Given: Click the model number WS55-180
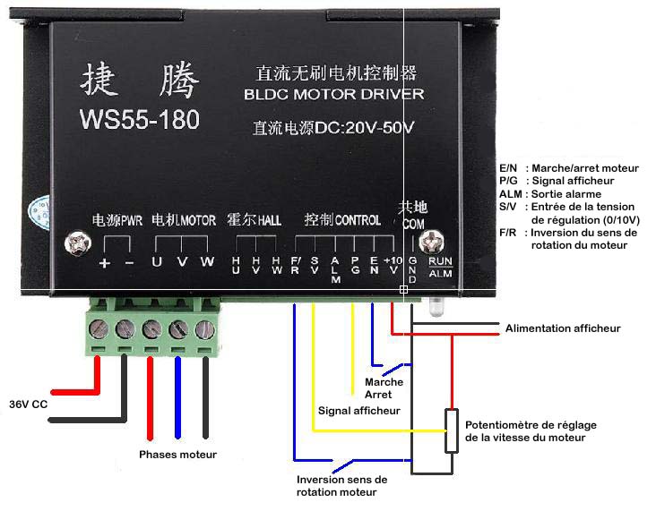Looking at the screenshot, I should [139, 118].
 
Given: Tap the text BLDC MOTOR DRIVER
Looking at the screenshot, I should [333, 94].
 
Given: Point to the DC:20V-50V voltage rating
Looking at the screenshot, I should [334, 127].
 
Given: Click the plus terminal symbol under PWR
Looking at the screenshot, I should [105, 262].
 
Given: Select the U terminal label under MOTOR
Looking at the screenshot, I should [158, 262].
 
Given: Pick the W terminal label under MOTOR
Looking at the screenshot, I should [206, 262].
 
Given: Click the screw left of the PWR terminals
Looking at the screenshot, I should [77, 242].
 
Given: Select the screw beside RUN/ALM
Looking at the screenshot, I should [436, 242].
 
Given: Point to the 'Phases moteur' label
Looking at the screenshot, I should [177, 455].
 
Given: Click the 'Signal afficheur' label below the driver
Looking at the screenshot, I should [358, 411].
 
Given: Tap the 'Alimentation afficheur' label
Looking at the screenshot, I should [563, 328].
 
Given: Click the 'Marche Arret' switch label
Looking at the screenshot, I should [384, 388].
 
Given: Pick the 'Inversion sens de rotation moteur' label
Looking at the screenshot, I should [341, 486].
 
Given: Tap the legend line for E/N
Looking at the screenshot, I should [568, 167].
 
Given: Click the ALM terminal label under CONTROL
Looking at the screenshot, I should [335, 269].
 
